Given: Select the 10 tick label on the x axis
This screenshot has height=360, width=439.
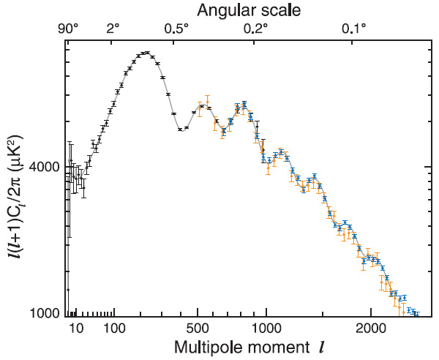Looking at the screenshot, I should click(76, 329).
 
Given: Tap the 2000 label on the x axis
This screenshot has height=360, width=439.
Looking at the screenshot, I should click(371, 329).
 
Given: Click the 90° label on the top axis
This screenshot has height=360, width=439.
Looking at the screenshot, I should click(68, 29).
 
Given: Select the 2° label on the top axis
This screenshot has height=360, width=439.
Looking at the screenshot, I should click(113, 29).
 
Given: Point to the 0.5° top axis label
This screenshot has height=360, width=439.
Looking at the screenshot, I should click(176, 29).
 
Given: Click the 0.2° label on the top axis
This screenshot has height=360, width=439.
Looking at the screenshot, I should click(255, 29).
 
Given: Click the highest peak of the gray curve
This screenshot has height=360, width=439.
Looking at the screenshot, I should click(146, 53).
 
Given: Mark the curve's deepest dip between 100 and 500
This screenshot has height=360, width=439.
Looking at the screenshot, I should click(181, 130).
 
